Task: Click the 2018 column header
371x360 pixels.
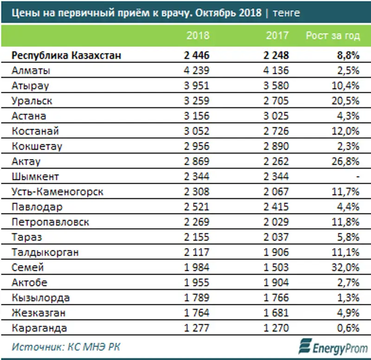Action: (198, 36)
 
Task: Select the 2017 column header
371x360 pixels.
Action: (277, 36)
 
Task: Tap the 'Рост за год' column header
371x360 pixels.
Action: (333, 36)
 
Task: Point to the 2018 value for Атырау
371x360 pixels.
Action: (197, 86)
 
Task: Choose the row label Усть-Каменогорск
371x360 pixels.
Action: (58, 192)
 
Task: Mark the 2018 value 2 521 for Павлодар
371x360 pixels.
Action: (197, 207)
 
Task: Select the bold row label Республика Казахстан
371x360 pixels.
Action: (66, 55)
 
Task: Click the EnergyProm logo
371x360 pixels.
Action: (333, 346)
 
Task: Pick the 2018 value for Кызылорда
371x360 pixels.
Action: (197, 298)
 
